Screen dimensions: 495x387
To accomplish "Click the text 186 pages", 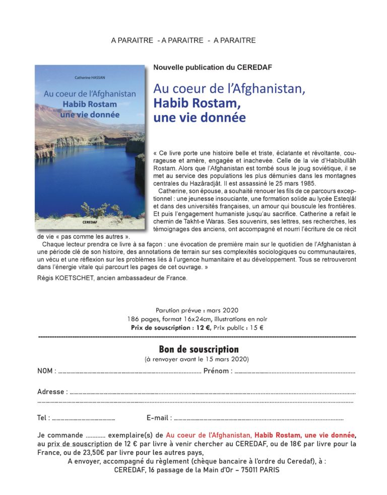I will pos(142,319).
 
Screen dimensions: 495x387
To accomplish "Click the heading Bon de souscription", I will pos(199,349).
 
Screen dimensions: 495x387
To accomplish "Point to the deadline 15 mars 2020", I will pos(226,359).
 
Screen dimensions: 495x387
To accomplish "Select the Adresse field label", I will pos(51,391).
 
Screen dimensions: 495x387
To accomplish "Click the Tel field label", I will pos(43,418).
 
